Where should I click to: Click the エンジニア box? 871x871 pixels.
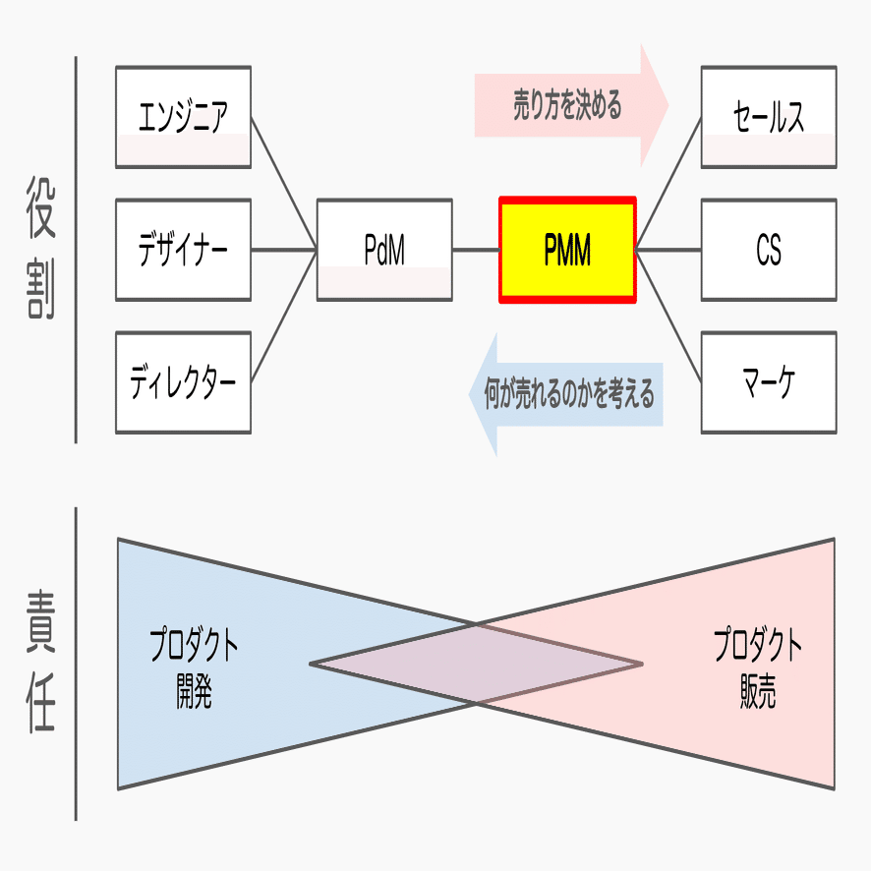(x=183, y=117)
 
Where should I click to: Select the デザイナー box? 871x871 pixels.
(x=183, y=250)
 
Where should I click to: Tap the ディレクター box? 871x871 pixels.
(x=183, y=382)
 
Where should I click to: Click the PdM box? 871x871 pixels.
(x=384, y=250)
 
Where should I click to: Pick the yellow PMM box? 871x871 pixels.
(x=567, y=250)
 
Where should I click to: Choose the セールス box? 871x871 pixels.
(x=769, y=117)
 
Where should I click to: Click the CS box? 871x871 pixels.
(x=769, y=250)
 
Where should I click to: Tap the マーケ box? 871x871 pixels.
(x=769, y=382)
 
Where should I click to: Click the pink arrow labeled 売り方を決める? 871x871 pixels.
(x=571, y=105)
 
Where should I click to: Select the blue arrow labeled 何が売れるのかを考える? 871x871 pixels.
(x=566, y=394)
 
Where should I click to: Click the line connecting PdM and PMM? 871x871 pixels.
(x=476, y=250)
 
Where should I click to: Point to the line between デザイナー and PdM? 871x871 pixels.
(x=284, y=250)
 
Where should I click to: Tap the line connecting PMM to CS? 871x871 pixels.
(x=668, y=250)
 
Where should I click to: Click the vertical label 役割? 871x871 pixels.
(x=41, y=248)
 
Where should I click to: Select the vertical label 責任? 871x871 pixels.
(x=41, y=662)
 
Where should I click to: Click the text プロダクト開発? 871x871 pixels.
(x=194, y=668)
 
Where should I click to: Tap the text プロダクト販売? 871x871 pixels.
(x=758, y=668)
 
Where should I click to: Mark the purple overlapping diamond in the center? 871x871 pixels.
(x=476, y=664)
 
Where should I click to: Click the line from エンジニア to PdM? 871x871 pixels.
(x=284, y=183)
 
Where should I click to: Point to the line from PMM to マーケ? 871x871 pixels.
(x=668, y=317)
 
